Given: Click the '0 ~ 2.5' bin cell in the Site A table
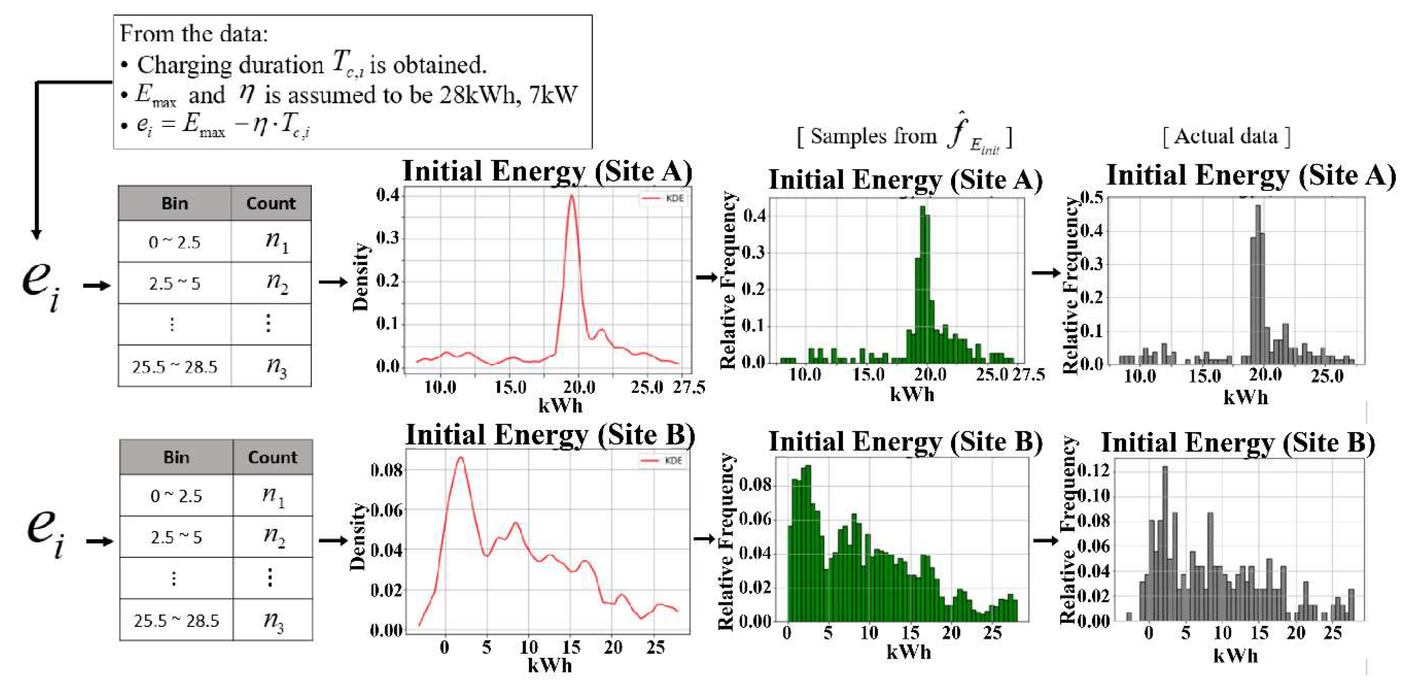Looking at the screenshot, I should coord(174,242).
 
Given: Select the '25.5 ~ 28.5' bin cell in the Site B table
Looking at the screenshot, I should coord(176,621).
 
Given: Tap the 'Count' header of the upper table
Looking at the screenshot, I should coord(271,203).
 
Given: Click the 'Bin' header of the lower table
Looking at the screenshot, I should coord(176,457).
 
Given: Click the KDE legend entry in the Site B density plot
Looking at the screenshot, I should coord(661,461).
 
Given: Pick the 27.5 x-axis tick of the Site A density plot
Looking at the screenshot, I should coord(688,387).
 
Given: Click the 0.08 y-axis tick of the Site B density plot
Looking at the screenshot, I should coord(387,470).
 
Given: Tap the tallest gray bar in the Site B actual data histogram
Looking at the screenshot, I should coord(1165,468).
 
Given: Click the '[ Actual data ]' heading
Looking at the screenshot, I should coord(1226,136).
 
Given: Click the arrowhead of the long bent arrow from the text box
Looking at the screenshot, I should coord(36,234).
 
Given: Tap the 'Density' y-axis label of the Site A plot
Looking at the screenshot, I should coord(361,277).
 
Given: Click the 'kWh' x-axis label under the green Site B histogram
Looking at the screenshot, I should coord(908,652).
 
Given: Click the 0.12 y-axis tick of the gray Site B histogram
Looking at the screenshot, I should coord(1093,470).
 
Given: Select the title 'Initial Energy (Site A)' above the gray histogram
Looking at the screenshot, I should coord(1251,175).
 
